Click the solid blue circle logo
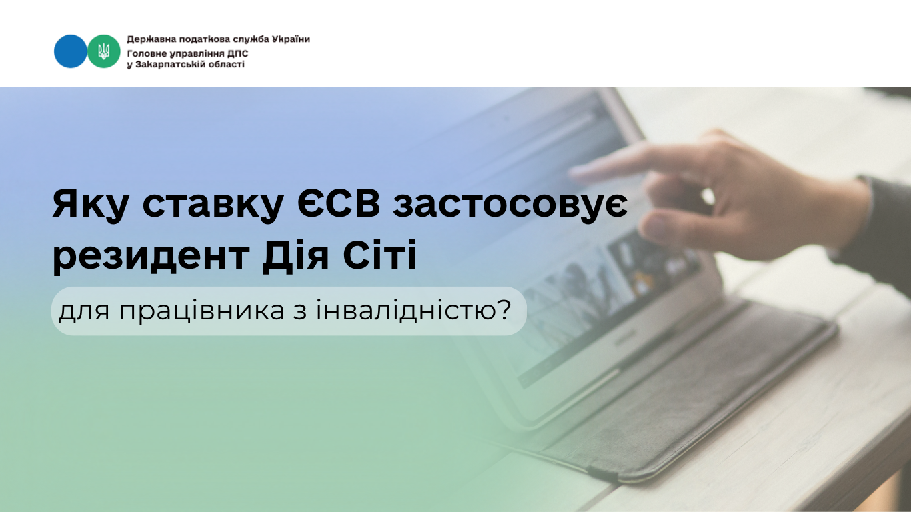tap(70, 51)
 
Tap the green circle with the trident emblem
tap(104, 51)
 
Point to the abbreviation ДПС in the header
tap(237, 53)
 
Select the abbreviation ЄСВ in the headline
tap(338, 203)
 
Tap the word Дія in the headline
tap(295, 255)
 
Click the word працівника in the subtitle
tap(201, 311)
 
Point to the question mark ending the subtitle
tap(504, 309)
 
